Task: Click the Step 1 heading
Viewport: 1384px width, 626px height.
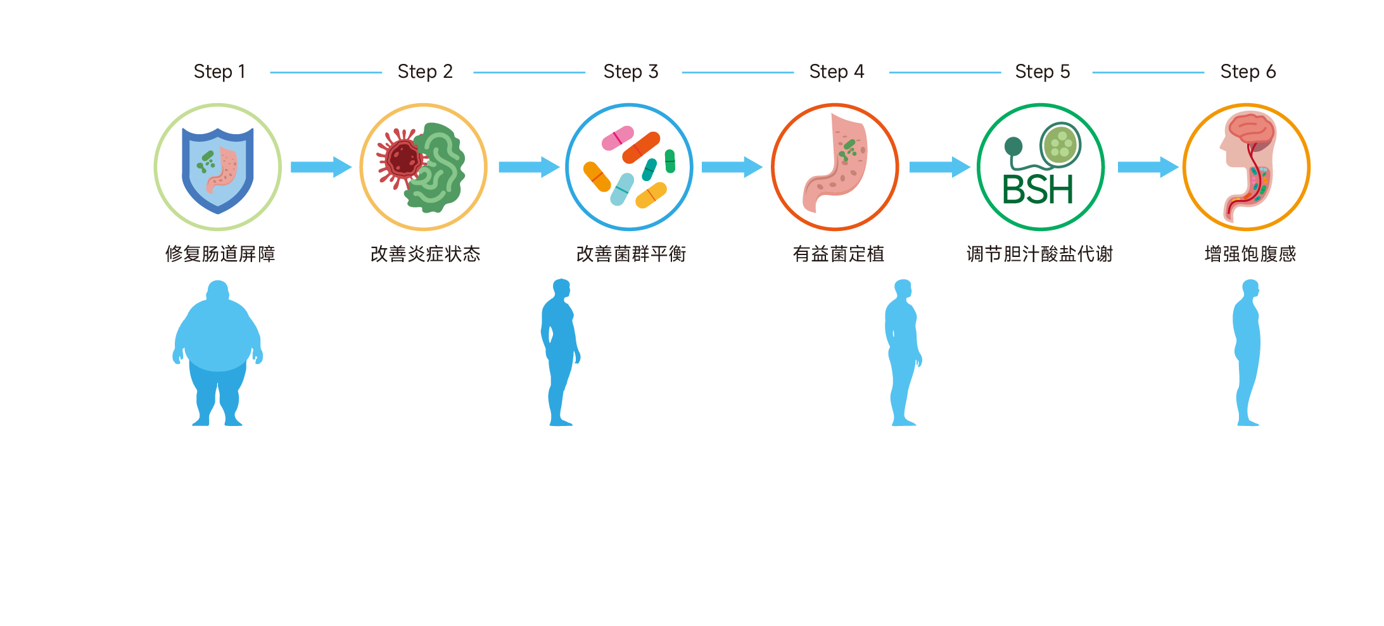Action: [219, 72]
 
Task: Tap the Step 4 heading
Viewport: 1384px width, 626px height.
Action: [836, 72]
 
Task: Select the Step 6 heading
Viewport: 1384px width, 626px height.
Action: [1248, 72]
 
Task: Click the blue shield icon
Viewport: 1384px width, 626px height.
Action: [218, 170]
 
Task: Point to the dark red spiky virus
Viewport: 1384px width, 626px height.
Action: [402, 158]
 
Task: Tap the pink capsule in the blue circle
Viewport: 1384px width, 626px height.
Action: [617, 138]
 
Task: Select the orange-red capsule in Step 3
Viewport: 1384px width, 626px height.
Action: [641, 148]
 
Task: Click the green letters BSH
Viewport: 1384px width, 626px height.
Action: [1038, 190]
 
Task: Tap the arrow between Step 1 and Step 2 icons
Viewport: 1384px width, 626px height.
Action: [321, 167]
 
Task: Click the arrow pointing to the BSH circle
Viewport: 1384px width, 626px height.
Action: [939, 167]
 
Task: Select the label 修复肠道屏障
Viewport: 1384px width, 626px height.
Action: [220, 254]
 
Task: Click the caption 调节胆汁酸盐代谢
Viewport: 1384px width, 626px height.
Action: [1039, 254]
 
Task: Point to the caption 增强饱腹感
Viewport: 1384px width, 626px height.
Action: [1250, 254]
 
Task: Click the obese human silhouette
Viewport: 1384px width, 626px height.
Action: [218, 353]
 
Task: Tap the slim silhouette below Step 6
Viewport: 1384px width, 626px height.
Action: [1247, 353]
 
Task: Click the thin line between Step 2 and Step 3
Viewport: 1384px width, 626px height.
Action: [529, 73]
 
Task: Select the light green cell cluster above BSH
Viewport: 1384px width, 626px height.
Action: [1060, 144]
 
